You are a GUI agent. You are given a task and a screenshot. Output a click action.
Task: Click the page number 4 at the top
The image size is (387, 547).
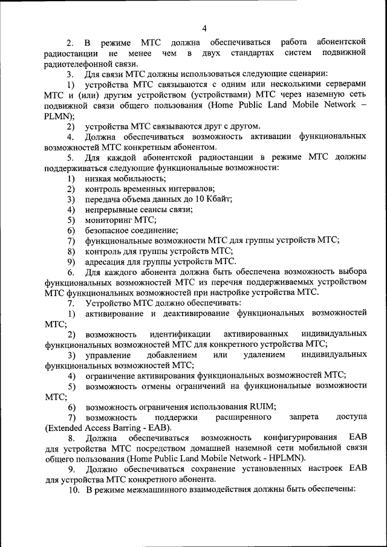click(204, 28)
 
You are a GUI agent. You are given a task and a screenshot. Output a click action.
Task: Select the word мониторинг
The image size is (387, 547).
click(109, 219)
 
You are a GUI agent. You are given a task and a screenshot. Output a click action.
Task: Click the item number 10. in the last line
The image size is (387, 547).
click(74, 490)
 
